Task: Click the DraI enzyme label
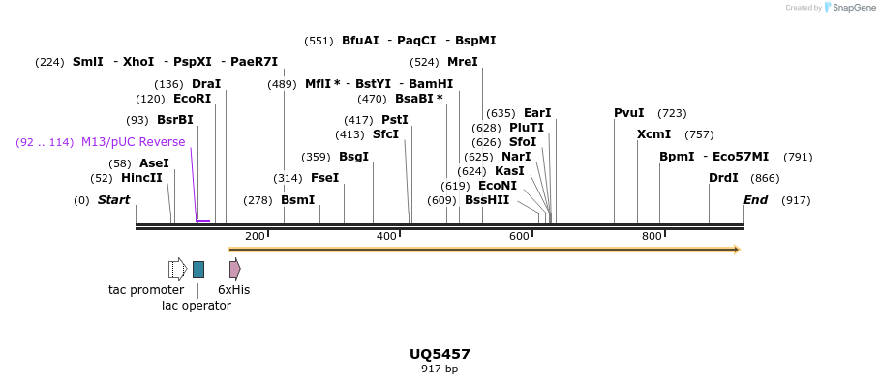(205, 84)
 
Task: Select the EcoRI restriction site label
(192, 99)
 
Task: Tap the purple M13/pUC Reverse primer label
(133, 142)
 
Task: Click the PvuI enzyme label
(628, 113)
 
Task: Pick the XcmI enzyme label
(653, 134)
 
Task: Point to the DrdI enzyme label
(723, 178)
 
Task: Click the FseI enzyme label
(324, 178)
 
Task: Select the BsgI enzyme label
(353, 157)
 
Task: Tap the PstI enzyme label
(394, 120)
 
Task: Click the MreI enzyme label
(462, 62)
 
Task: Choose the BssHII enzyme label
(487, 200)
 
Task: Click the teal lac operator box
(198, 269)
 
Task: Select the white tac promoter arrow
(177, 269)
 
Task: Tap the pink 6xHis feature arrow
(234, 269)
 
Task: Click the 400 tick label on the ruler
(386, 237)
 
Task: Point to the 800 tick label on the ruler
(652, 237)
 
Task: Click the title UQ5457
(440, 354)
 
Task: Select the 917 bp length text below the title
(440, 369)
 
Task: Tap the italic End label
(755, 200)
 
